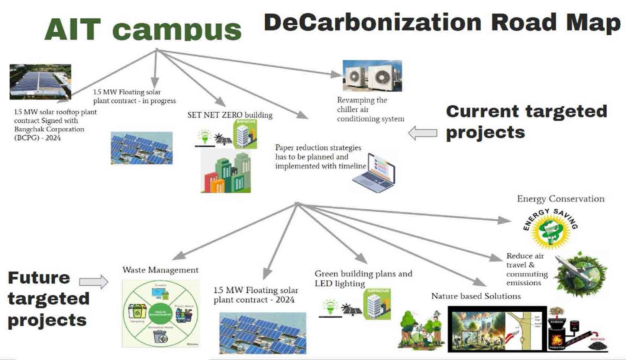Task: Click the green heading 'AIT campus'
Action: click(x=143, y=29)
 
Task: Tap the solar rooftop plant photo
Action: click(x=40, y=81)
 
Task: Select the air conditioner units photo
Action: click(x=372, y=76)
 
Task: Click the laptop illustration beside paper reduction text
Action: click(x=374, y=173)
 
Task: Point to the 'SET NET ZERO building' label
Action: click(x=230, y=115)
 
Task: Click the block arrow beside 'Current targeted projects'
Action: click(x=423, y=133)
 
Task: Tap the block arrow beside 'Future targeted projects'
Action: click(x=94, y=282)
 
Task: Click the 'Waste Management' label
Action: click(x=160, y=270)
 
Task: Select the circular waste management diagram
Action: click(x=160, y=313)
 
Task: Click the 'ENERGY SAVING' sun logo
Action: click(x=549, y=229)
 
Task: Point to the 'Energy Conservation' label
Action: click(x=560, y=199)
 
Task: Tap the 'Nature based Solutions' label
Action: click(x=476, y=296)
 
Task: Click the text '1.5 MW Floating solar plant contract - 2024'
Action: click(x=255, y=295)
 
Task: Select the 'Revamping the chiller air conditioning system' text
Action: click(x=370, y=109)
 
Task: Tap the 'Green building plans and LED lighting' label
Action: click(x=363, y=279)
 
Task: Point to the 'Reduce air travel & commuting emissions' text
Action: click(x=527, y=269)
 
